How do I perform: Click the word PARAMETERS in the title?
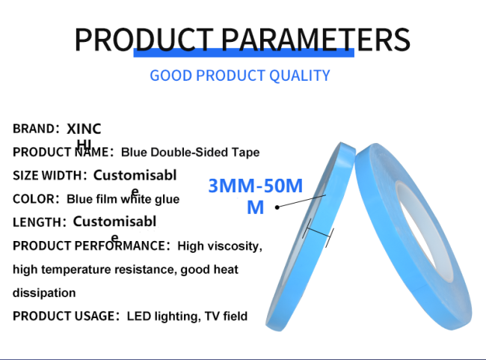click(316, 40)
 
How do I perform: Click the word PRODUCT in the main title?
click(144, 40)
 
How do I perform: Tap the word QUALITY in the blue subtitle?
click(299, 76)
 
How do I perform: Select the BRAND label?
click(36, 129)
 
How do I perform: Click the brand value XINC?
click(84, 129)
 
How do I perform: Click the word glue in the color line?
click(167, 199)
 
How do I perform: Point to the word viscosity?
click(235, 246)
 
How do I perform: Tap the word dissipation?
click(44, 293)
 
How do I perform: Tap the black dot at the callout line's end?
click(277, 207)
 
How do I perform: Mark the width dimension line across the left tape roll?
click(319, 232)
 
